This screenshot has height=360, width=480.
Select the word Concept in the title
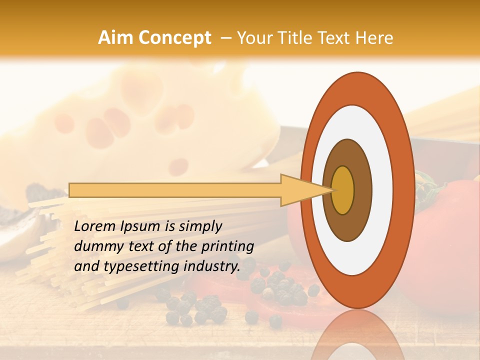coord(174,38)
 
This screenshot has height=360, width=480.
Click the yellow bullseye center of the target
coord(343,190)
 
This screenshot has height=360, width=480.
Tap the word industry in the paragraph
coord(209,266)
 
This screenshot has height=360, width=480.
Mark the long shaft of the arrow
coord(175,190)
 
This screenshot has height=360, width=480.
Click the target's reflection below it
coord(357,335)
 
